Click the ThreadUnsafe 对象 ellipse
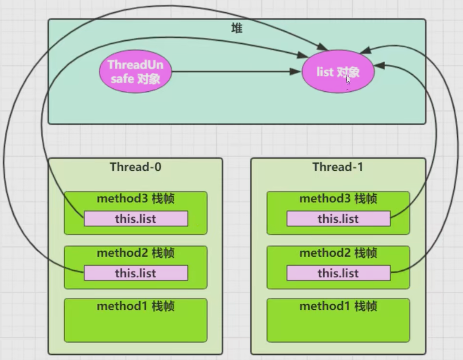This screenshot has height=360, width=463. click(136, 72)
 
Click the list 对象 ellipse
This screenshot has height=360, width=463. click(338, 72)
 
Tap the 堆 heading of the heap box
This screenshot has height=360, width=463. click(237, 28)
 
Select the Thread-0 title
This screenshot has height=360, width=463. click(136, 167)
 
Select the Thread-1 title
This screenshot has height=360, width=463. click(338, 167)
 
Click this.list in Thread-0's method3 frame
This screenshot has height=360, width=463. click(136, 218)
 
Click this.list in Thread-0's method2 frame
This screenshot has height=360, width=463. click(136, 273)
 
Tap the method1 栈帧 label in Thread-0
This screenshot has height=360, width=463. click(136, 306)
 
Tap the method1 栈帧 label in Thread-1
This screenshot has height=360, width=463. click(338, 306)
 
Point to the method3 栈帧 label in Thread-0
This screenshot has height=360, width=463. click(136, 198)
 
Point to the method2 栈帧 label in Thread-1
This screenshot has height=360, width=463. click(338, 253)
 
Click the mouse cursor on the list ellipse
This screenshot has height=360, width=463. click(348, 80)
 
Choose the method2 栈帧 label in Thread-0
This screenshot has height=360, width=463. click(136, 253)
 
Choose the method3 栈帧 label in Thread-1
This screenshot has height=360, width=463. click(338, 198)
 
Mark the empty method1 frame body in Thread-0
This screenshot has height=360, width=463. click(136, 327)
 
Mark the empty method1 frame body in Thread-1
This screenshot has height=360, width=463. click(338, 327)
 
